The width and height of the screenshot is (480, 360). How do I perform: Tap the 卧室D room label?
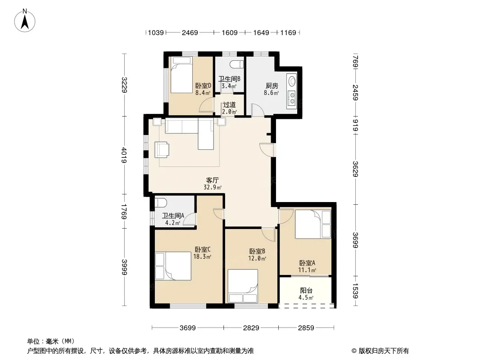coord(203,86)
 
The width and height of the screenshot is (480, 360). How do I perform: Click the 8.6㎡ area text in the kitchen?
coord(271,92)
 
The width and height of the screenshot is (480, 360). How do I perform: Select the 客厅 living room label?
coord(212,180)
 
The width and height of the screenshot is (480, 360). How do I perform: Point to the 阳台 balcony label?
coord(306,291)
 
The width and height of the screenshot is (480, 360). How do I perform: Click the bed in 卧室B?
coord(243,286)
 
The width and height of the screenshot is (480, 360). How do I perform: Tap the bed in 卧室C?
coord(173,266)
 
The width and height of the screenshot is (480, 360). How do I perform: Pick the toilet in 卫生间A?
coord(160,202)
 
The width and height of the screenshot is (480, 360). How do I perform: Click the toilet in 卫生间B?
coord(236,65)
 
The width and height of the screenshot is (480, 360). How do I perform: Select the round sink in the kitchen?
coord(292,81)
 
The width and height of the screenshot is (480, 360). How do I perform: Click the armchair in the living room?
coord(162,149)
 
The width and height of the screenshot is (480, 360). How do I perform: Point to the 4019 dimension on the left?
coord(124,155)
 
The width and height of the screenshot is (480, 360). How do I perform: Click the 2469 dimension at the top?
coord(190,32)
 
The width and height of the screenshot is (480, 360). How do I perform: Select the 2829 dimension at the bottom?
coord(251,328)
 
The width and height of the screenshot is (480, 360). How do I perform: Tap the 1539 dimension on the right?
coord(355,291)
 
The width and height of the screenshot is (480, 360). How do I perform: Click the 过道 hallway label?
coord(229,104)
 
